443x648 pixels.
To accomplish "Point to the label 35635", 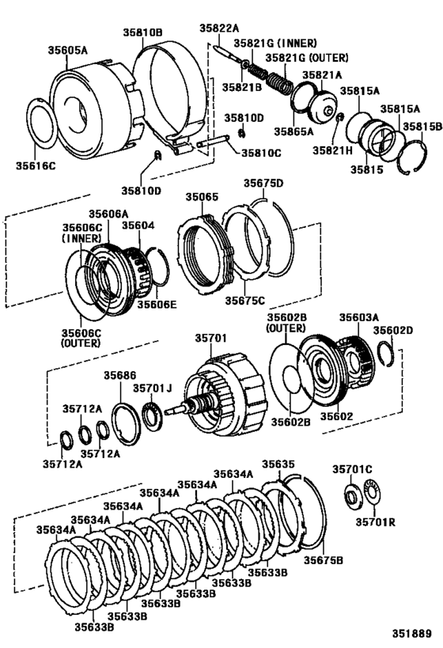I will [x=278, y=464].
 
